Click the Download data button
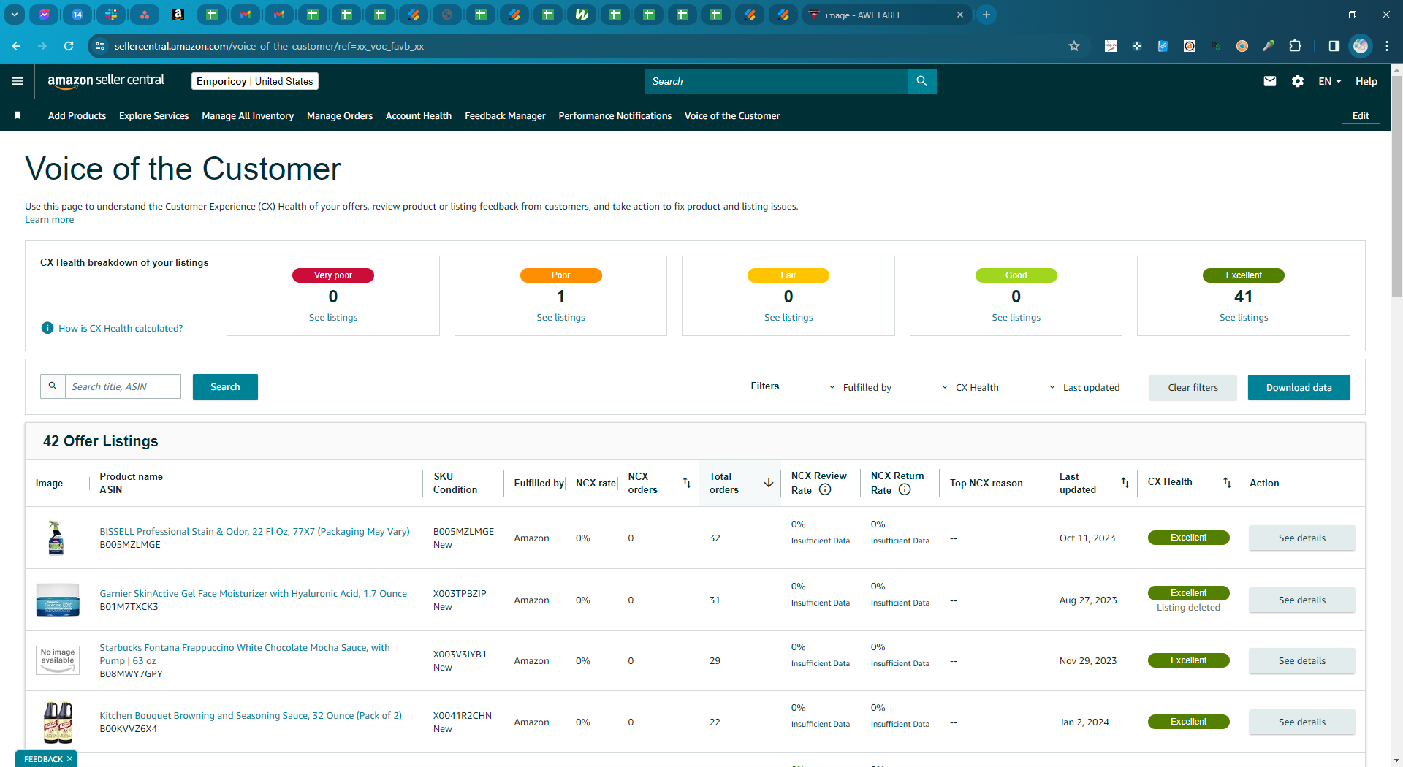coord(1299,387)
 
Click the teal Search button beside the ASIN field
coord(225,387)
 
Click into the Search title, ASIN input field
coord(123,386)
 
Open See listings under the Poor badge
coord(560,318)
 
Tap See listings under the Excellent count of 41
coord(1244,318)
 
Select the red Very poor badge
coord(333,275)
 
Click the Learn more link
coord(50,220)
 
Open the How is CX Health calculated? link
coord(121,329)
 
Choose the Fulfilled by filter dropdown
coord(860,388)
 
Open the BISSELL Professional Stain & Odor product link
coord(254,532)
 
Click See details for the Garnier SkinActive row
coord(1301,600)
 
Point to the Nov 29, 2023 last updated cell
coord(1088,661)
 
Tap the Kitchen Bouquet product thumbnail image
coord(58,722)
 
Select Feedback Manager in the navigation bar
coord(505,116)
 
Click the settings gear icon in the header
coord(1298,81)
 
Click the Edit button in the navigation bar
coord(1361,115)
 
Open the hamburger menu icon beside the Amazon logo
coord(18,81)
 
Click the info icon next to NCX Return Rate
coord(905,489)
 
